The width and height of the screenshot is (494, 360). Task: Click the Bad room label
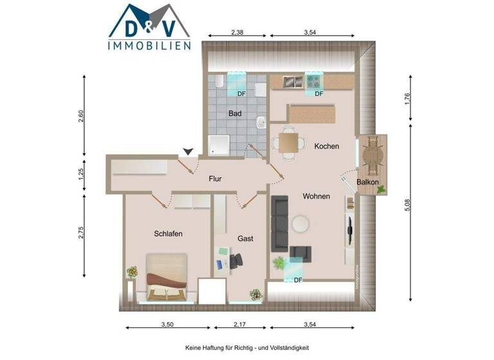click(235, 114)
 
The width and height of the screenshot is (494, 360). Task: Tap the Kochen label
click(326, 147)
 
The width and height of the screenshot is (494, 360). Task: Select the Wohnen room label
click(316, 196)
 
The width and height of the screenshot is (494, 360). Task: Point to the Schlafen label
click(169, 234)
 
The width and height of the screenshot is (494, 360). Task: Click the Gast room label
click(245, 239)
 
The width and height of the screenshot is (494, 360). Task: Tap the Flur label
click(215, 179)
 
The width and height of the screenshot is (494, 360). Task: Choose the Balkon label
click(367, 182)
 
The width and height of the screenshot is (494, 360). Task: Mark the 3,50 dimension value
click(167, 323)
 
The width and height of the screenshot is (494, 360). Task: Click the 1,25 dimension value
click(82, 174)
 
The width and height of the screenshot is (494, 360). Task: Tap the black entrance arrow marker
click(187, 151)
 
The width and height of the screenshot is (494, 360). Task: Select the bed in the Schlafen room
click(167, 277)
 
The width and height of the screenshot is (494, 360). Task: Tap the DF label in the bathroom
click(242, 94)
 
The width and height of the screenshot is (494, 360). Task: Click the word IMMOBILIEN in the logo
click(149, 45)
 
